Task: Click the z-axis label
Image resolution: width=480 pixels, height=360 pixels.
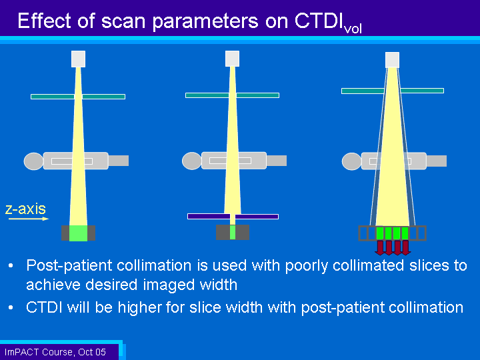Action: [x=25, y=209]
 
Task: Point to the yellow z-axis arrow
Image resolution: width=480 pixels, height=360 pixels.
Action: [x=29, y=219]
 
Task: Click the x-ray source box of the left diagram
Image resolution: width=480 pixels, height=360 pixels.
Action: [x=79, y=59]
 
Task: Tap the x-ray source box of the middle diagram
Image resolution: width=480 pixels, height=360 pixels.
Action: [x=233, y=59]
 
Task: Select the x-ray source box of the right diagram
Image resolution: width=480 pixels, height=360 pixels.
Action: [x=392, y=60]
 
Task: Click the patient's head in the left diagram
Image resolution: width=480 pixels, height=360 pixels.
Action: [x=34, y=161]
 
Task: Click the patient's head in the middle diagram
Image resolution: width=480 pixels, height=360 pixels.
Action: [x=192, y=161]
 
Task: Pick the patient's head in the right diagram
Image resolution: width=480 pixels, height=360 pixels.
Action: [x=352, y=161]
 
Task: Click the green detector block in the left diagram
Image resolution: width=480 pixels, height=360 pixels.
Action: [x=79, y=233]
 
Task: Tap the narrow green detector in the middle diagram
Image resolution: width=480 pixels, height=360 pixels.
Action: [x=233, y=233]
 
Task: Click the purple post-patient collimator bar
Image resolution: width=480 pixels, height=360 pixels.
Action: [x=233, y=217]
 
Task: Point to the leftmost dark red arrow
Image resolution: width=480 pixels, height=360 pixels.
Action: [x=380, y=247]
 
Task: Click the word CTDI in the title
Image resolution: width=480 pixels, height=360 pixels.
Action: [x=319, y=21]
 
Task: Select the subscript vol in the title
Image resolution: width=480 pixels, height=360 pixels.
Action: [x=353, y=29]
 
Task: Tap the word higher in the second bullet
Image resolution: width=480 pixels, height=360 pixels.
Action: [x=139, y=307]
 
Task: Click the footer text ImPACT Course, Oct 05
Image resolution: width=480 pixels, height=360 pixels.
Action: [x=55, y=352]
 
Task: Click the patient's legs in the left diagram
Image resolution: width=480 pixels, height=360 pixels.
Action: [x=119, y=161]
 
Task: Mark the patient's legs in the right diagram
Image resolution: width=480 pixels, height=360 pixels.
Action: [x=437, y=161]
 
